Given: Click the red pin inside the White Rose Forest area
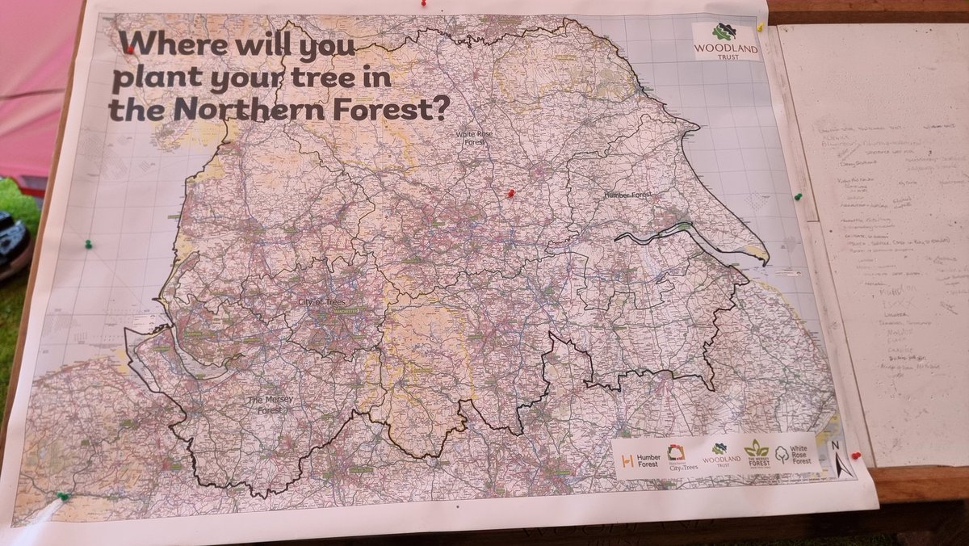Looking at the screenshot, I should point(510,193).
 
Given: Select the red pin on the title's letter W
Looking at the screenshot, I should point(130,49).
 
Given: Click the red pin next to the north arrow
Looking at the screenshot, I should point(855,455).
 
